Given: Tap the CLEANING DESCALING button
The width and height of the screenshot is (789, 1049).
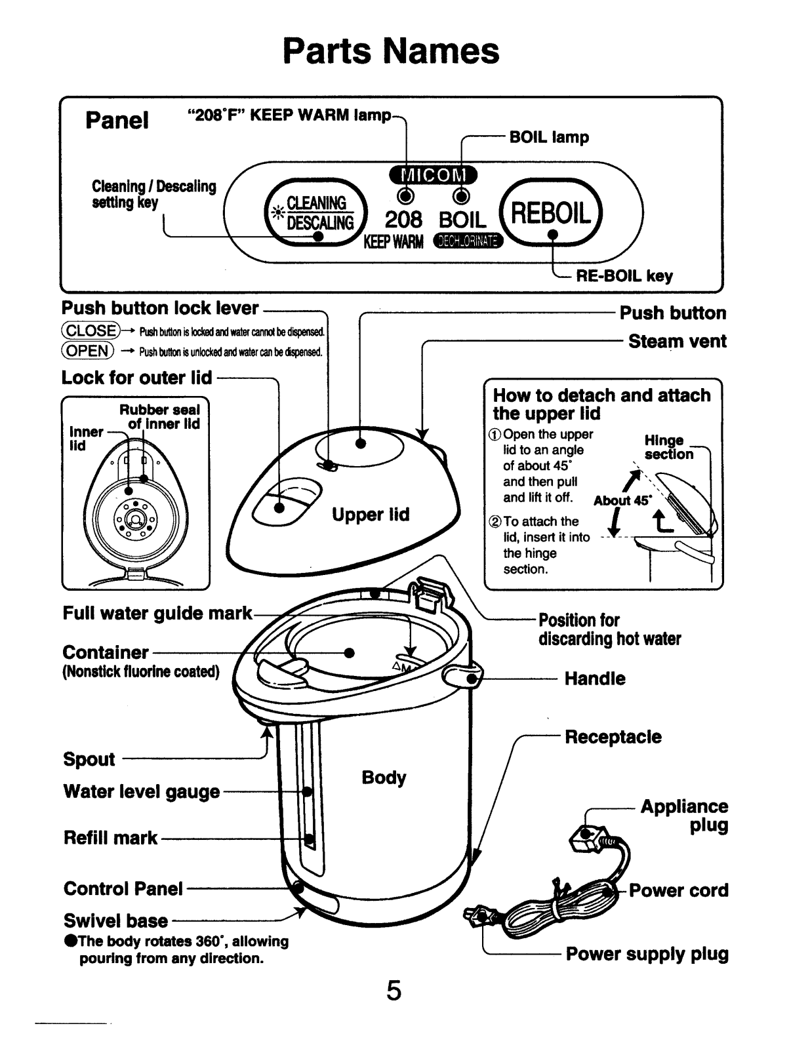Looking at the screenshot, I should pyautogui.click(x=314, y=213).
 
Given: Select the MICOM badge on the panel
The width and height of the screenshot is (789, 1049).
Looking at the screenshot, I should pyautogui.click(x=433, y=175).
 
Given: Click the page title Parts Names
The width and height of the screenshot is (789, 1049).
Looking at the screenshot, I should pyautogui.click(x=391, y=50).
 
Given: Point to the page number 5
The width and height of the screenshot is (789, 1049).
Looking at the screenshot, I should pyautogui.click(x=394, y=991).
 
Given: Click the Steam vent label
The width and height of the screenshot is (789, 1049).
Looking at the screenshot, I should pyautogui.click(x=677, y=342).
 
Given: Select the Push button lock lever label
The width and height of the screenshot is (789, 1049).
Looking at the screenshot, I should pyautogui.click(x=160, y=309).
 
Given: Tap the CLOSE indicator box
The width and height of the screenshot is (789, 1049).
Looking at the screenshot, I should pyautogui.click(x=91, y=330).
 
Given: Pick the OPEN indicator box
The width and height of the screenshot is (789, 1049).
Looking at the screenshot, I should pyautogui.click(x=88, y=351).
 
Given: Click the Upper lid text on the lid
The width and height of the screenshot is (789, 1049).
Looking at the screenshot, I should pyautogui.click(x=371, y=515).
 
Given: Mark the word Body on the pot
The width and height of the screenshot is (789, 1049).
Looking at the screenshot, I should pyautogui.click(x=384, y=778).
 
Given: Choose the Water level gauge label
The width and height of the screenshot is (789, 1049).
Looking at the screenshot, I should pyautogui.click(x=142, y=792).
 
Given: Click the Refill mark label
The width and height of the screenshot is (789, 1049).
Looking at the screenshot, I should pyautogui.click(x=111, y=838).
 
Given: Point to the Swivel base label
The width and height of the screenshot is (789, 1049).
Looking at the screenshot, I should pyautogui.click(x=115, y=920).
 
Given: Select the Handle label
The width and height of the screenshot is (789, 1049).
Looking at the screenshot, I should pyautogui.click(x=595, y=679).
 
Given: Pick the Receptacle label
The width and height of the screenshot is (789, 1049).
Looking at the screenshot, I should pyautogui.click(x=613, y=737).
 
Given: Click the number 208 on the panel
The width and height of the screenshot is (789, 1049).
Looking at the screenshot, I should pyautogui.click(x=403, y=219).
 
